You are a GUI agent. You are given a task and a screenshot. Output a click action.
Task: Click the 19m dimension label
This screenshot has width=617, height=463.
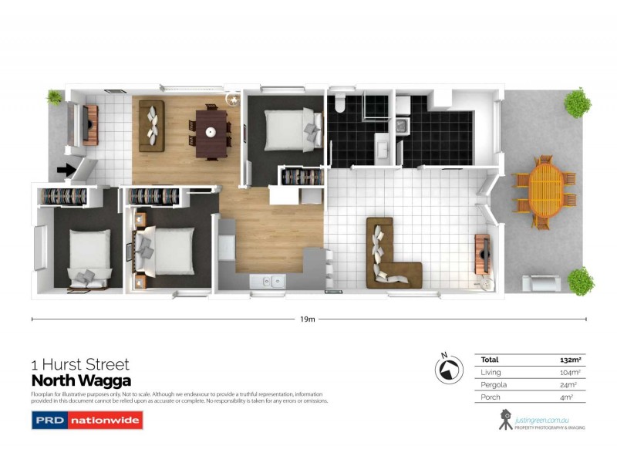pos(308,318)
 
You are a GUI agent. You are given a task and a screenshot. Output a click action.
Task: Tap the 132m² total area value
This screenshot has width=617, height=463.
pos(570,360)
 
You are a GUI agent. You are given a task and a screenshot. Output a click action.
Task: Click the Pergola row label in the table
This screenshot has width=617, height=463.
pos(494,384)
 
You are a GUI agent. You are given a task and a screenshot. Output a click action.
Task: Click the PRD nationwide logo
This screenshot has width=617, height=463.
pos(86,421)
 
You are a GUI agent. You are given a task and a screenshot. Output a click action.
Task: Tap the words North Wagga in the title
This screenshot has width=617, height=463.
pos(81,380)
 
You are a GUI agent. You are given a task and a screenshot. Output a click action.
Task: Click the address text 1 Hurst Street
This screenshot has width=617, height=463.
pos(79,364)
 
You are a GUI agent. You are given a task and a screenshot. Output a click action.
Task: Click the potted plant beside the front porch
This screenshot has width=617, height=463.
pos(54,97)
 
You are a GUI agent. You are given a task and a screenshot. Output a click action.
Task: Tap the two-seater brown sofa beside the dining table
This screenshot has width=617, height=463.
pos(152,125)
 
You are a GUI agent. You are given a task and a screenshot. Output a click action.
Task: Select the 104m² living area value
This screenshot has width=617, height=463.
pos(570,372)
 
